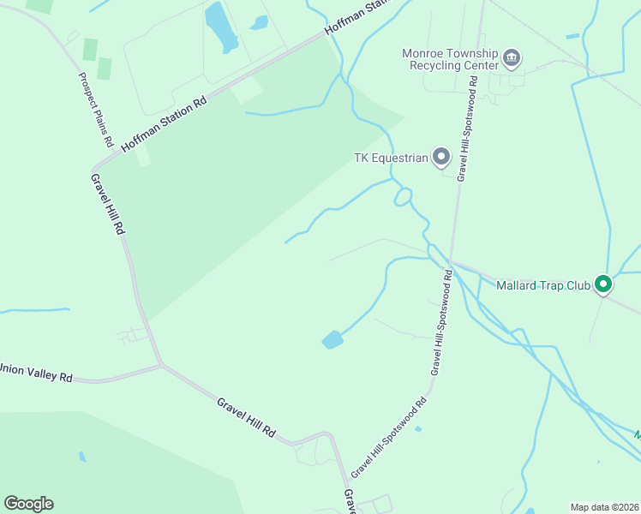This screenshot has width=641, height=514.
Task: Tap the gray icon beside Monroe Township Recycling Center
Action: pyautogui.click(x=512, y=59)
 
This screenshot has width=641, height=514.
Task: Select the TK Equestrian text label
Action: pyautogui.click(x=390, y=158)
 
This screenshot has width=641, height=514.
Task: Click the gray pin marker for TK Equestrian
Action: pyautogui.click(x=441, y=157)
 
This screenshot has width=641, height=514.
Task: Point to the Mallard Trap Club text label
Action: pyautogui.click(x=543, y=284)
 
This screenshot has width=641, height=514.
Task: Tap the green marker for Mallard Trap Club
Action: pyautogui.click(x=603, y=284)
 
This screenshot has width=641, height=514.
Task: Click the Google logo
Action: pyautogui.click(x=28, y=504)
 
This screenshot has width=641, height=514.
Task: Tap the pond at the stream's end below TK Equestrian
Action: pyautogui.click(x=332, y=340)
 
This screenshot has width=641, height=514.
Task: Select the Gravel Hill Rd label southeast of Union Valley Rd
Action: pyautogui.click(x=245, y=417)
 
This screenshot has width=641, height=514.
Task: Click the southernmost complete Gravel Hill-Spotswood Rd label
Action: pyautogui.click(x=388, y=438)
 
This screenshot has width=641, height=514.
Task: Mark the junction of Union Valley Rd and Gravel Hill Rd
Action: pyautogui.click(x=162, y=366)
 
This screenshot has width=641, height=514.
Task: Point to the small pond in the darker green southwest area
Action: pyautogui.click(x=82, y=457)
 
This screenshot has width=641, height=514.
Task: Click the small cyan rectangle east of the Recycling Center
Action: pyautogui.click(x=572, y=36)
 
